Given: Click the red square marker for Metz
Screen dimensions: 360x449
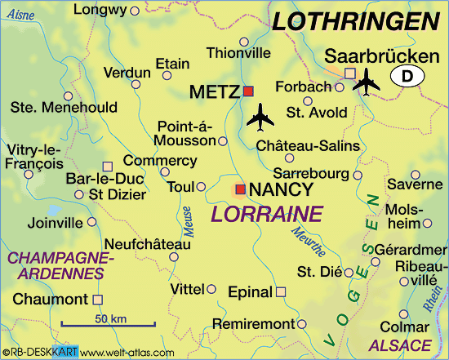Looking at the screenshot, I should click(x=249, y=91).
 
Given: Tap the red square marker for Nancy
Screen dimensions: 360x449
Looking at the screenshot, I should click(x=240, y=190).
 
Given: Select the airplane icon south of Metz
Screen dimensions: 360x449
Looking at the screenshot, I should click(x=261, y=118).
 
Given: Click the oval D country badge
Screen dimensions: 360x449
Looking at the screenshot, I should click(x=407, y=76).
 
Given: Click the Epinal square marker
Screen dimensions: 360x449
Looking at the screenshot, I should click(x=281, y=291).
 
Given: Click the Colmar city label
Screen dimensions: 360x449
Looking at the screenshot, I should click(x=411, y=326).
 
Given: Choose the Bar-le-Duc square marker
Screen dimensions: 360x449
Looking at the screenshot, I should click(x=108, y=166).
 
